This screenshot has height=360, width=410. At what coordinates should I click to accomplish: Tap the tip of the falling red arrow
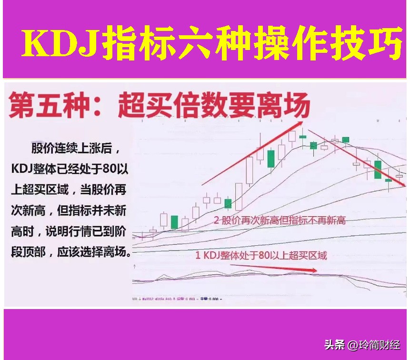(x=404, y=185)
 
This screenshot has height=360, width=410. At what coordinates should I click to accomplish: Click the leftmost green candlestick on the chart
(x=175, y=222)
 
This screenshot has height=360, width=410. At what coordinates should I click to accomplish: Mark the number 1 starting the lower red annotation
(x=198, y=255)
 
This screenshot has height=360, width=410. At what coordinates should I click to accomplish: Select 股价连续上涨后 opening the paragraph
(x=71, y=148)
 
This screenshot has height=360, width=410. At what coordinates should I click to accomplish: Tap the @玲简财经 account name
(x=374, y=345)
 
